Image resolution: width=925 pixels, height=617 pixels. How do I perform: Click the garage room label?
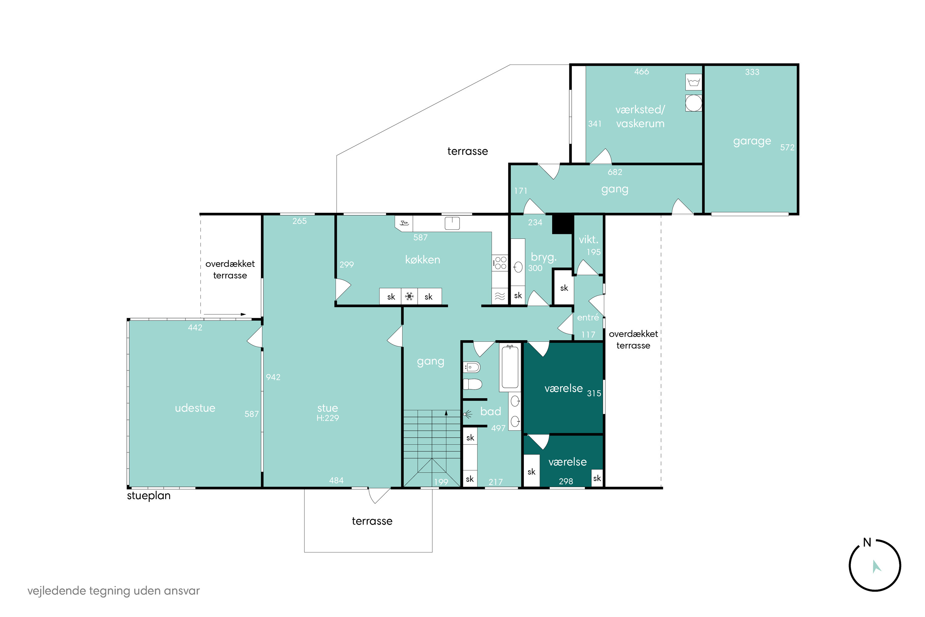tap(752, 141)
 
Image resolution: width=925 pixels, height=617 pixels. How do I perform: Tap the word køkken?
tap(422, 260)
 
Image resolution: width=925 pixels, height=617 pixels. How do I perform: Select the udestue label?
tap(195, 408)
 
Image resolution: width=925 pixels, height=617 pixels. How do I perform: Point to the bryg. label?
tap(544, 257)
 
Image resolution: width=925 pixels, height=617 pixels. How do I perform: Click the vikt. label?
tap(588, 239)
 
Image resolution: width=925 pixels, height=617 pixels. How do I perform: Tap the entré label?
tap(588, 317)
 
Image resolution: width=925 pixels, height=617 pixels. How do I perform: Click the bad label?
tap(491, 412)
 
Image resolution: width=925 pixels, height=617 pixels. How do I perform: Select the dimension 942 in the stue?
tap(273, 377)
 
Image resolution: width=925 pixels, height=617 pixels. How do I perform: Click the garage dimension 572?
tap(787, 147)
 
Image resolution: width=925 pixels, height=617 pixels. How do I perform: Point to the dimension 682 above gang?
tap(615, 172)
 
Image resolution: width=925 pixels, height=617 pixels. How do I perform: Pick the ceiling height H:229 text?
tap(327, 418)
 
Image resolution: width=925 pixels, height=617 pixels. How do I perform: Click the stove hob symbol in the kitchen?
tap(500, 263)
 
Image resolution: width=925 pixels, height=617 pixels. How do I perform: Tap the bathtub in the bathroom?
tap(510, 367)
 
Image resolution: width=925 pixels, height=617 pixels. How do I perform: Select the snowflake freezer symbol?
tap(409, 296)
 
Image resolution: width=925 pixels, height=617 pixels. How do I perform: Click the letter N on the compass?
tap(867, 543)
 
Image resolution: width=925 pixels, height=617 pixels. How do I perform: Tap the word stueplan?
tap(149, 496)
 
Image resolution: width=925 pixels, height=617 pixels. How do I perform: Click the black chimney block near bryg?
tap(562, 224)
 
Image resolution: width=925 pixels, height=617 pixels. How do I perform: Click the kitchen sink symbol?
tap(452, 223)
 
